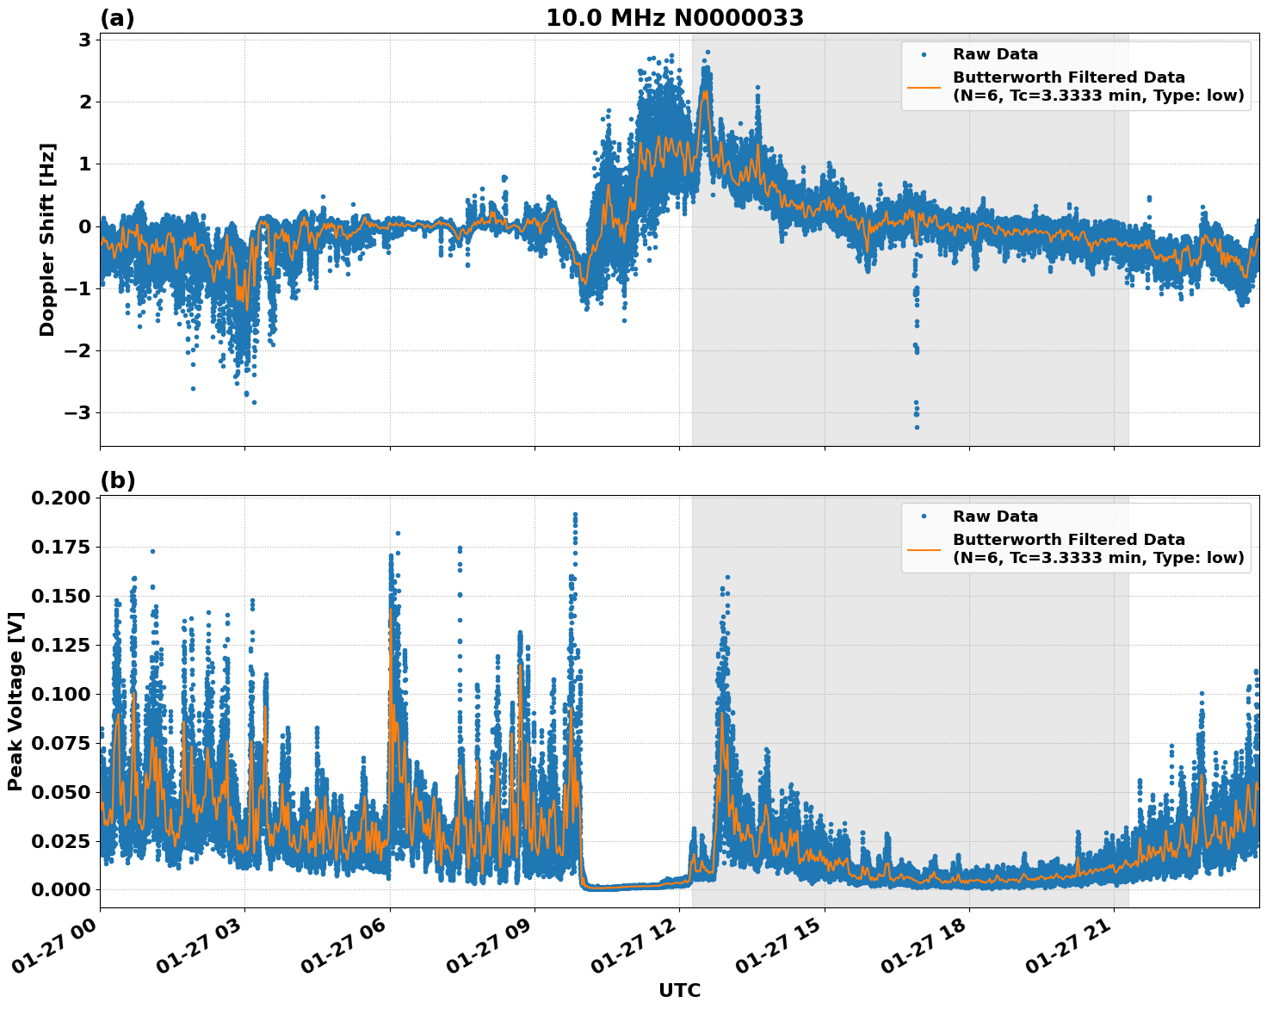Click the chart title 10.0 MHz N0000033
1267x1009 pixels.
coord(675,18)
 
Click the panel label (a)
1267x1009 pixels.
coord(118,18)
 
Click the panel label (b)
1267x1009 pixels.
coord(118,480)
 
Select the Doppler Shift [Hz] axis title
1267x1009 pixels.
coord(47,239)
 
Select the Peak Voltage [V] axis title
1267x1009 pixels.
coord(15,701)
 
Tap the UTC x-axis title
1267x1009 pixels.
coord(679,990)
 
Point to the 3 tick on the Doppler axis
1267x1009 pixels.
coord(85,40)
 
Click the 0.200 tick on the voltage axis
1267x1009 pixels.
coord(60,498)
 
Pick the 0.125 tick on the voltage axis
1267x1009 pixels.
coord(60,645)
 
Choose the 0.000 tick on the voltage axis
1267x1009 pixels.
coord(60,889)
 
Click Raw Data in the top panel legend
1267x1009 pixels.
coord(995,54)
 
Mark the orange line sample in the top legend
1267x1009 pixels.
coord(924,87)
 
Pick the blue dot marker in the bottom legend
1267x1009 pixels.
coord(924,517)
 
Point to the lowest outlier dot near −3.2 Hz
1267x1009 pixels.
coord(917,427)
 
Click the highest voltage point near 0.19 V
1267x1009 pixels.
coord(575,514)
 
